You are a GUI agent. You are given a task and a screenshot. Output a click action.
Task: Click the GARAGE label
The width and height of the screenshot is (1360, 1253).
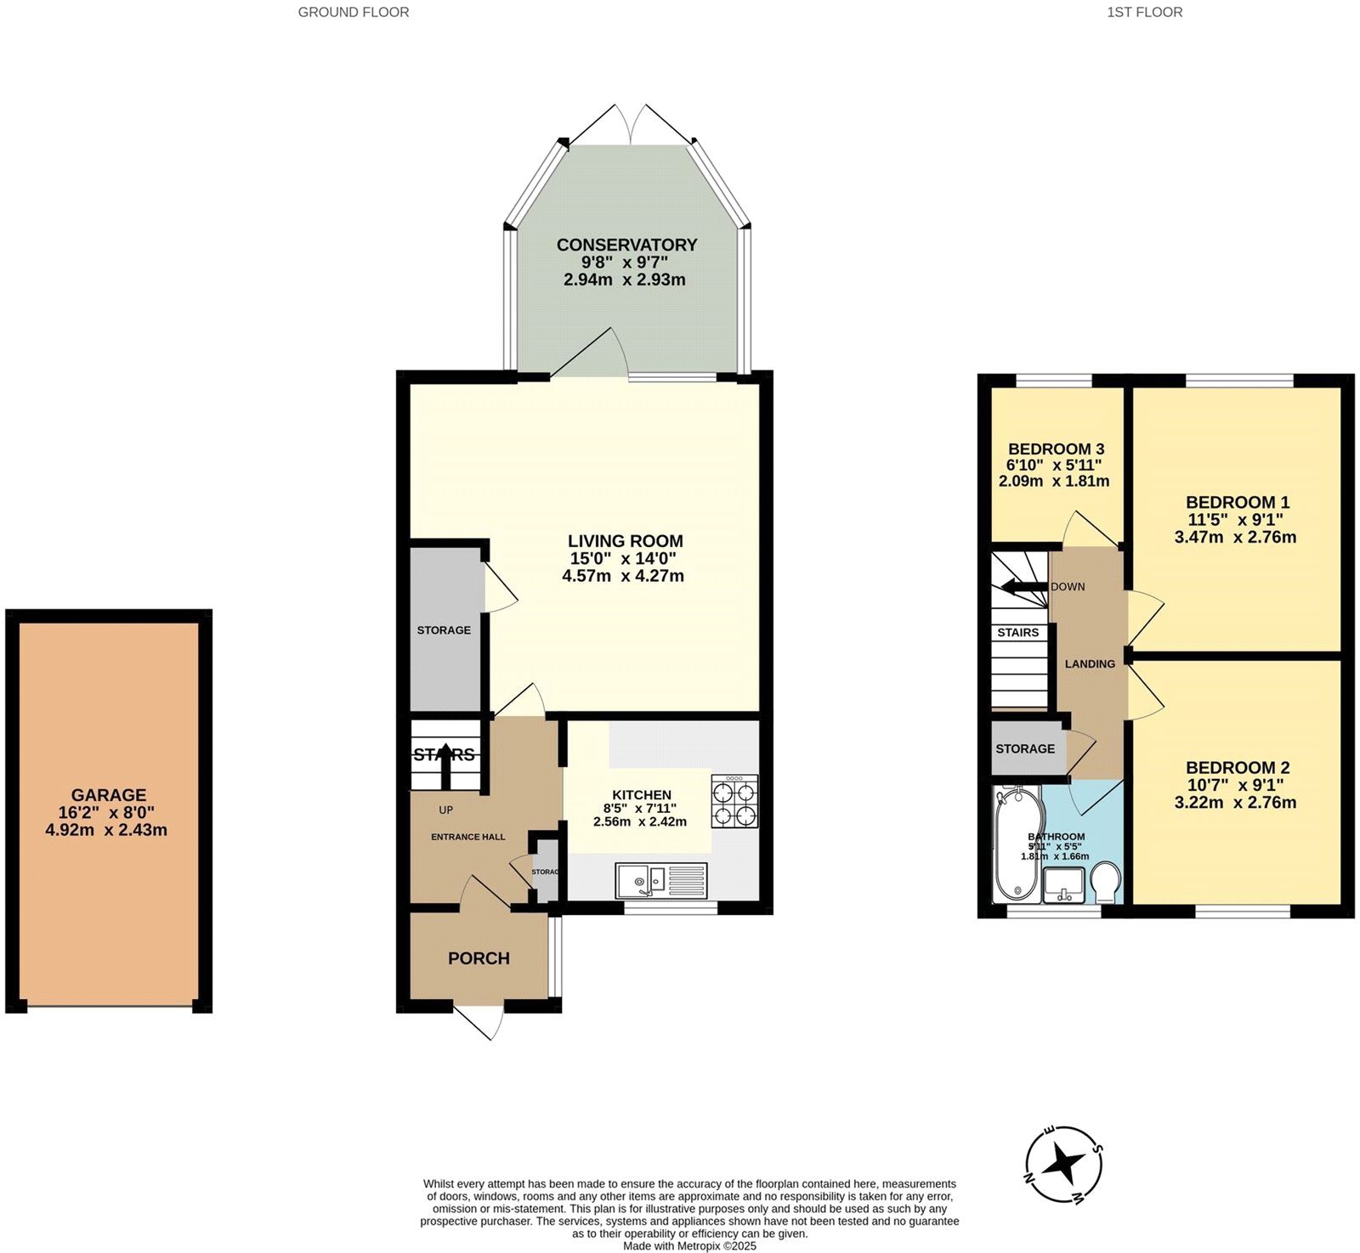click(108, 795)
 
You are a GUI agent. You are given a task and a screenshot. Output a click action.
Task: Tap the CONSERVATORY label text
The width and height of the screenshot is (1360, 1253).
click(626, 245)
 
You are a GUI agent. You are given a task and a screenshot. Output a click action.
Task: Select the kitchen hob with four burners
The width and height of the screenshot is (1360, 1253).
click(734, 801)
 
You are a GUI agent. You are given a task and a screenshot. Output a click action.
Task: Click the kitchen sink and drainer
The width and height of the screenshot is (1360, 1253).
click(661, 880)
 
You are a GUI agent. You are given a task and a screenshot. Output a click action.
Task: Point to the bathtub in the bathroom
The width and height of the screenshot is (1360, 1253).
click(1017, 844)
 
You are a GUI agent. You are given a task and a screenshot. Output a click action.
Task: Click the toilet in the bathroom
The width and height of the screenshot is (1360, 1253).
click(1107, 883)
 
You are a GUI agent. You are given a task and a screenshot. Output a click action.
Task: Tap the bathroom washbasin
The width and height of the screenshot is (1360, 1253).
click(1063, 884)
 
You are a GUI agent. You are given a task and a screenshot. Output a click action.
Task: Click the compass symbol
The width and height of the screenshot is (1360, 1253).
click(1063, 1164)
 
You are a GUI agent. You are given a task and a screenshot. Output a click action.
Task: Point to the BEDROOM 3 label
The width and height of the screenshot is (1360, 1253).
click(1056, 449)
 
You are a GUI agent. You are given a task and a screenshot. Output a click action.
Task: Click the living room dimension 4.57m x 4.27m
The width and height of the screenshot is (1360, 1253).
click(623, 576)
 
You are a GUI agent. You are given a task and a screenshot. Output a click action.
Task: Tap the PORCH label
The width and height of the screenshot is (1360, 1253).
click(479, 958)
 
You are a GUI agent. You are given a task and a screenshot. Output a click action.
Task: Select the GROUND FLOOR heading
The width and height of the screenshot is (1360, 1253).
click(353, 12)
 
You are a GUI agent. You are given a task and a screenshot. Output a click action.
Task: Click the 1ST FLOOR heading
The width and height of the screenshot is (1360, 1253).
click(1144, 12)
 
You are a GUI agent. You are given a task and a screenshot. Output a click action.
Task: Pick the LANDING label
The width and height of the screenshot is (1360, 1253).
click(1090, 663)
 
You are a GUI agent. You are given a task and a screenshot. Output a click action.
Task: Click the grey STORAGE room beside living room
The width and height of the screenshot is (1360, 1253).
click(444, 629)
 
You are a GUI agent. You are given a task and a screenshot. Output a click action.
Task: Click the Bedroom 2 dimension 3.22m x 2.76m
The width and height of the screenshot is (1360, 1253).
click(1235, 803)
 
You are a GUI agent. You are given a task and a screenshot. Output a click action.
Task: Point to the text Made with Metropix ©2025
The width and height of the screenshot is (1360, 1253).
click(689, 1246)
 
